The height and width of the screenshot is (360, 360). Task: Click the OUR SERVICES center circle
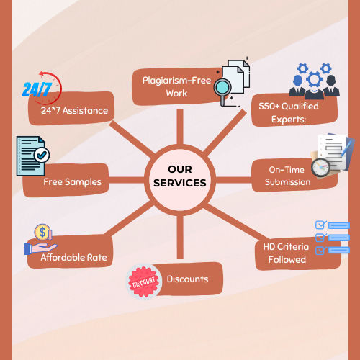[x=180, y=180]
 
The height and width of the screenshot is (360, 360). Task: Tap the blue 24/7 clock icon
[x=42, y=88]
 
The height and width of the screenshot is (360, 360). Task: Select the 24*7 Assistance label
[x=74, y=111]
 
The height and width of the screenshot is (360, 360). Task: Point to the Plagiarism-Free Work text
[x=176, y=86]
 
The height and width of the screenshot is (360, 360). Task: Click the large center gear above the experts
[x=314, y=79]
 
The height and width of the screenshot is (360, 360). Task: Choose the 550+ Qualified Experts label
[x=289, y=112]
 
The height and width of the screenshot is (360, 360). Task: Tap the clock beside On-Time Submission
[x=320, y=167]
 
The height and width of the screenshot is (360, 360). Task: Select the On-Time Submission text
[x=287, y=176]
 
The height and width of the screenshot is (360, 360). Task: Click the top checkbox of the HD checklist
[x=320, y=225]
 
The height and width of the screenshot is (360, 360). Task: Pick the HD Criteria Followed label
[x=286, y=253]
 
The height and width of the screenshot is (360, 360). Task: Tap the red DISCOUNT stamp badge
[x=144, y=282]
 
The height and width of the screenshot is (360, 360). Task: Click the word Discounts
[x=187, y=279]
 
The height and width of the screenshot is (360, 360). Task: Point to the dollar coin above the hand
[x=42, y=232]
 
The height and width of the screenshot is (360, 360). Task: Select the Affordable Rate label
[x=73, y=257]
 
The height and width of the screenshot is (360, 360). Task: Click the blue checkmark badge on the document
[x=42, y=156]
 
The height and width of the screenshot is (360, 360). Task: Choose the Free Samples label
[x=72, y=182]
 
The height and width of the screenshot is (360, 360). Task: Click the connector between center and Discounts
[x=180, y=238]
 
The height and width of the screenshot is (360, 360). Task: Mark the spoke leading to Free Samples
[x=127, y=180]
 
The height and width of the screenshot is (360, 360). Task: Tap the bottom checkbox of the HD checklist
[x=320, y=251]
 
